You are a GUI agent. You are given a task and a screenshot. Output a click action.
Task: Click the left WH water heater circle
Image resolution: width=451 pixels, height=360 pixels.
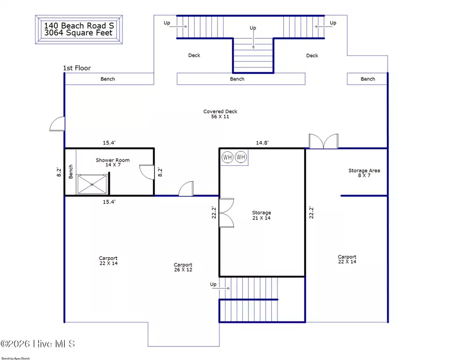227,157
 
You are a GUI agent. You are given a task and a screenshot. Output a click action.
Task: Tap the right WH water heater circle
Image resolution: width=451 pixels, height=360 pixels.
241,157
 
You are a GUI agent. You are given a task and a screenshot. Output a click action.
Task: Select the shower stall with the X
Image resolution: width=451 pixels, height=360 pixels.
92,184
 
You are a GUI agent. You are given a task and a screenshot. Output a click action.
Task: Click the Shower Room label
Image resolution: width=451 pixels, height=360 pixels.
113,160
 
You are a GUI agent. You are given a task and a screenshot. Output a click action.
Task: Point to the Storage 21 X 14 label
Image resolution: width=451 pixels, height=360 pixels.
262,215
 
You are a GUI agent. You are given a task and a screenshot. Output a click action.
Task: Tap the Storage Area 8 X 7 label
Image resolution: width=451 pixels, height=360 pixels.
364,173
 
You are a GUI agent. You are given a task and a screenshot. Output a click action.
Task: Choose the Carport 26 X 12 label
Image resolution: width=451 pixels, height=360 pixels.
183,267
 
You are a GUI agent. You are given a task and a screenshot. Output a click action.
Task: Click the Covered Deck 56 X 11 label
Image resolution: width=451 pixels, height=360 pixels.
220,114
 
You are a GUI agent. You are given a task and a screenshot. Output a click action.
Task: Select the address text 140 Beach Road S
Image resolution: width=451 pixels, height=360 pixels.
79,26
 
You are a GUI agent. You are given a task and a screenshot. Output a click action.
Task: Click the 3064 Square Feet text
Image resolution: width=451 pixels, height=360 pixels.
78,33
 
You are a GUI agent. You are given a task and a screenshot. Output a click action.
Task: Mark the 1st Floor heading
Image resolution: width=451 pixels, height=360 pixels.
77,68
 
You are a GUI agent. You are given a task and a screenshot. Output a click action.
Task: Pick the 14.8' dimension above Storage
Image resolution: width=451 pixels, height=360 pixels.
263,142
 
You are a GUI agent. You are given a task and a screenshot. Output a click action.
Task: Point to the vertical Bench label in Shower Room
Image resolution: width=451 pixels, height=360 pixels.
71,172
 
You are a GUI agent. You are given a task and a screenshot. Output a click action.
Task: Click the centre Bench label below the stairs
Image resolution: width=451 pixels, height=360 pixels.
237,79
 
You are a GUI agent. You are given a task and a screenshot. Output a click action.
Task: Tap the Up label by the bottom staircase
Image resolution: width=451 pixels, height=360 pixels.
213,285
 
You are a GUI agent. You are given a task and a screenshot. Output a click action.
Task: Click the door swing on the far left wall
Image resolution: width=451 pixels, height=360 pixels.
57,124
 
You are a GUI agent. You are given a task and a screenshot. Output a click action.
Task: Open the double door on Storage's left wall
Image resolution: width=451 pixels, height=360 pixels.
226,213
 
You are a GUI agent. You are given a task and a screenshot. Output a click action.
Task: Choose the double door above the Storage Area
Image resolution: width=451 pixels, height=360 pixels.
323,141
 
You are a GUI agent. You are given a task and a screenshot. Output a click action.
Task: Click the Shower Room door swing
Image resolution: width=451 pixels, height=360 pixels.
147,172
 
